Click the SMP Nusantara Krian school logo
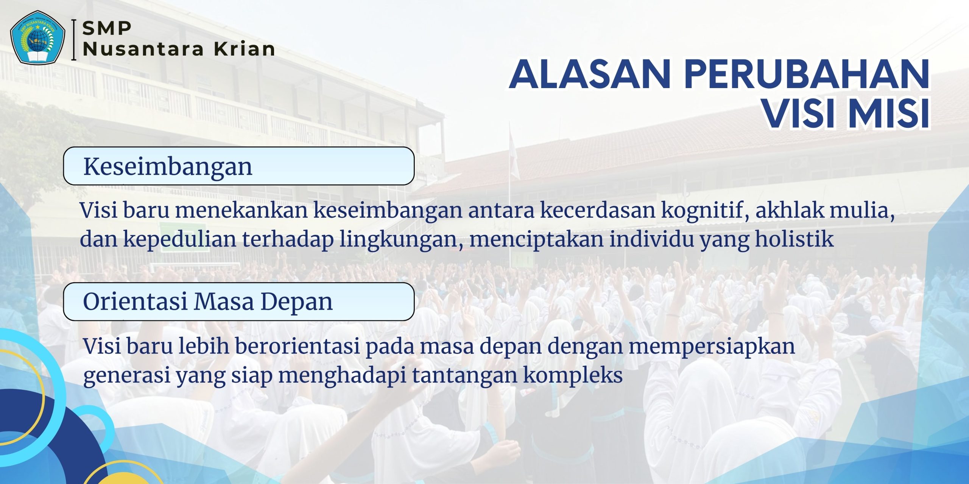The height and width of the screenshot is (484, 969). click(x=38, y=38)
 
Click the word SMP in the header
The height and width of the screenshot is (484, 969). click(x=107, y=28)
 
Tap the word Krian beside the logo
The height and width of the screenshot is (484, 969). click(x=245, y=49)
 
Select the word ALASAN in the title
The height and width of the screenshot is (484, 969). click(x=590, y=74)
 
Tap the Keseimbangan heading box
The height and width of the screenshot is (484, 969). click(x=239, y=166)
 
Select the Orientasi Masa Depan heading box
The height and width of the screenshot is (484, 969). click(x=239, y=301)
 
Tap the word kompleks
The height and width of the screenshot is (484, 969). click(x=573, y=376)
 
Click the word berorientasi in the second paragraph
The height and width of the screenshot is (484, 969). click(x=297, y=346)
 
